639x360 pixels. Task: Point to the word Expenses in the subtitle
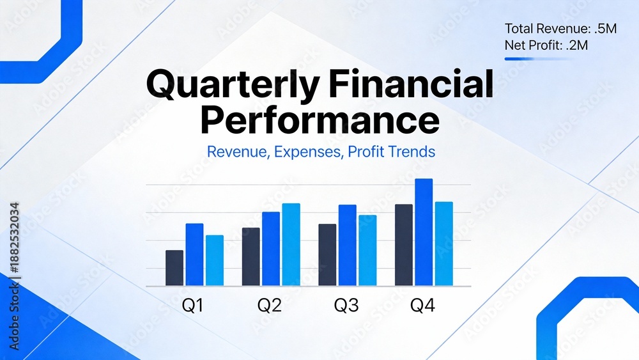tap(308, 152)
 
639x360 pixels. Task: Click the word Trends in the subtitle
tap(412, 152)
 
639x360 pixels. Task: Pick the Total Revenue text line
tap(560, 29)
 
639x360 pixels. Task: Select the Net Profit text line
tap(546, 45)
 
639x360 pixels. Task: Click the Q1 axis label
tap(192, 305)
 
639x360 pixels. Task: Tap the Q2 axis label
tap(270, 305)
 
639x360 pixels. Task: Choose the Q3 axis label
tap(346, 305)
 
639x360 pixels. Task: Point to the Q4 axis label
tap(422, 305)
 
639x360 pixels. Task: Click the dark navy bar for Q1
tap(174, 268)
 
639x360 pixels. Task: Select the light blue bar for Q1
tap(214, 260)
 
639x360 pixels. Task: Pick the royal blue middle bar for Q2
tap(271, 249)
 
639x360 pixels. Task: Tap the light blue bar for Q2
tap(291, 245)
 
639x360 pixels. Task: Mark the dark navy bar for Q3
tap(327, 254)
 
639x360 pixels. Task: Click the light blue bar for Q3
tap(367, 250)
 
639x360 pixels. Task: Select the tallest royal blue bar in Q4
tap(424, 232)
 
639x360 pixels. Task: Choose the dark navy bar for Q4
tap(404, 245)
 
